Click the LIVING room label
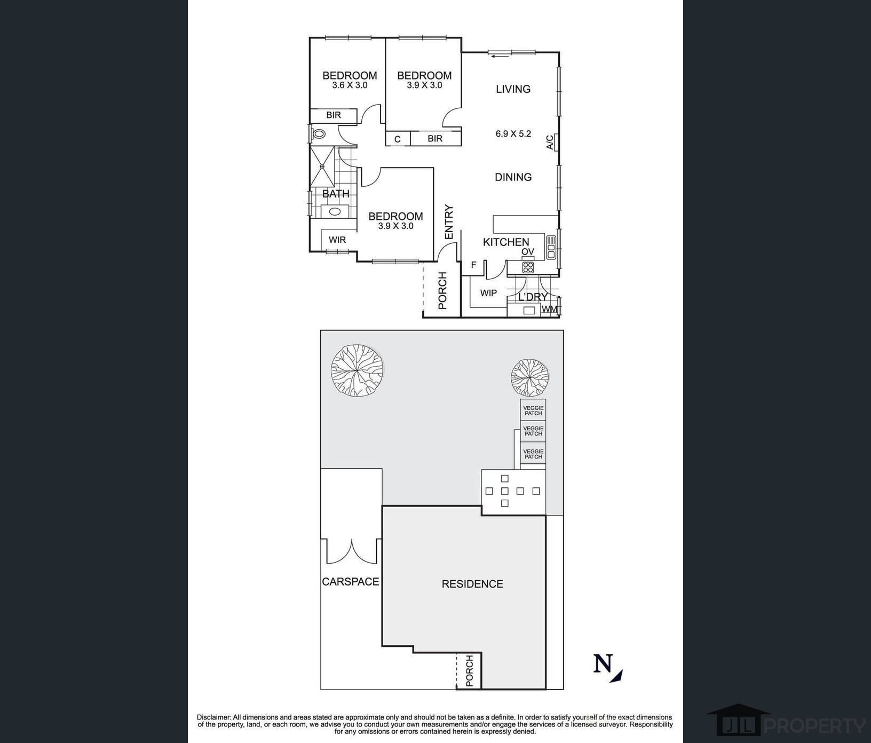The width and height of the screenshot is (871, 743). [513, 89]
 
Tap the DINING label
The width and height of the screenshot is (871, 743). [513, 177]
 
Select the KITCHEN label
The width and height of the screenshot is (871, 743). [506, 242]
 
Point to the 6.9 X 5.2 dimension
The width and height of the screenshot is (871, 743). [513, 134]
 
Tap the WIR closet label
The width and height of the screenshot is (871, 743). [337, 240]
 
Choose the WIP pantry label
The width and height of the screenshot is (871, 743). [488, 293]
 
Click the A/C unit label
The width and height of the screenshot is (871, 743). [550, 142]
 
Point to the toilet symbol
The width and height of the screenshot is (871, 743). [319, 134]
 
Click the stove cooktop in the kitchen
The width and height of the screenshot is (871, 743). [528, 267]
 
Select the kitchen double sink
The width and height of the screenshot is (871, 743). [551, 248]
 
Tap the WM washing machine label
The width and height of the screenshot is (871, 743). [549, 309]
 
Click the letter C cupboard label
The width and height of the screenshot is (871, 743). [398, 139]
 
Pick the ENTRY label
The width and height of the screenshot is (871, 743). [449, 222]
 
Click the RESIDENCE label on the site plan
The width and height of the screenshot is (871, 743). [472, 584]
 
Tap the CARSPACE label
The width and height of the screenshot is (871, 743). [351, 581]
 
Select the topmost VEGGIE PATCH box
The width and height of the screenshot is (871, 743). [533, 410]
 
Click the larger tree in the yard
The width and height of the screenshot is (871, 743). [358, 371]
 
